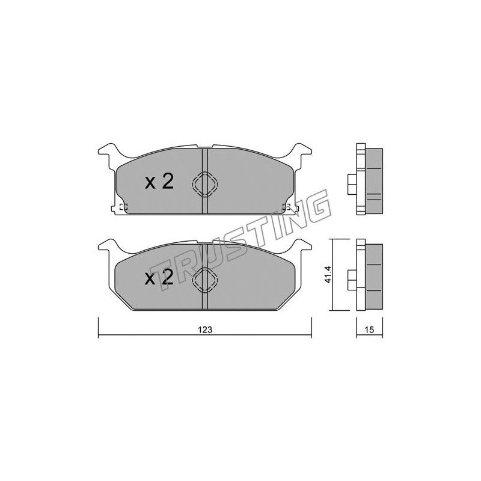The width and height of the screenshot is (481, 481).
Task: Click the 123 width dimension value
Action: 205,329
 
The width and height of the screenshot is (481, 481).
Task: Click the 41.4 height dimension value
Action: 328,275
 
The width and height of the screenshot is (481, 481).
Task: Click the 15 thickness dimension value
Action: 370,329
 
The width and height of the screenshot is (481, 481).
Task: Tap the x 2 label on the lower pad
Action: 159,278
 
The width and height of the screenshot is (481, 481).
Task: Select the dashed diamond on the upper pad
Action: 204,184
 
